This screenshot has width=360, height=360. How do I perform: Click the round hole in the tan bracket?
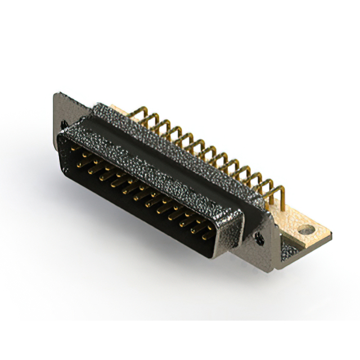[305, 230]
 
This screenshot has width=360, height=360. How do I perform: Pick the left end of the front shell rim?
[62, 141]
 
